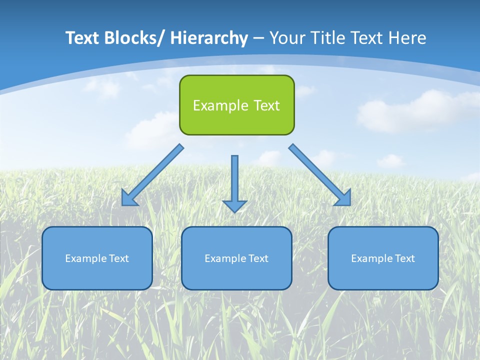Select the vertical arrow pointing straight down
click(235, 182)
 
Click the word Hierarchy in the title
click(209, 38)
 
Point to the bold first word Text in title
click(82, 38)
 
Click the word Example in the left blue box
click(85, 258)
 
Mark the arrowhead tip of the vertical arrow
click(235, 211)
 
